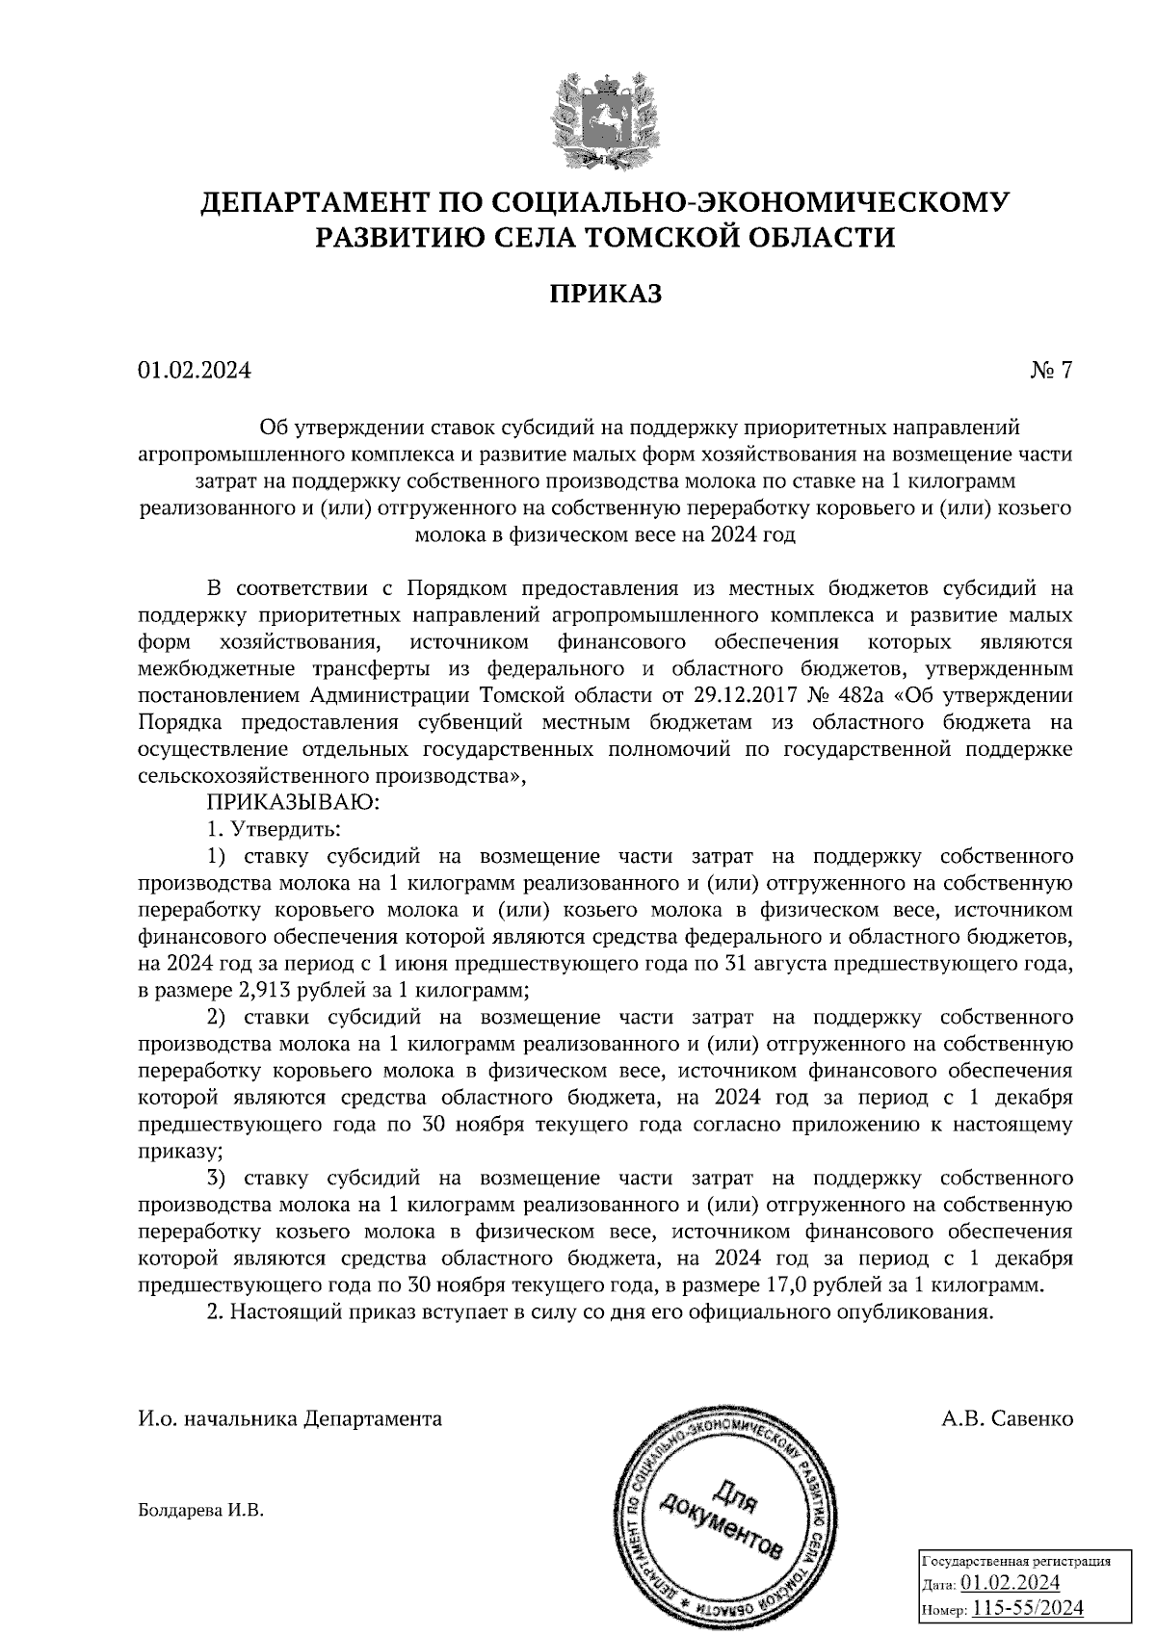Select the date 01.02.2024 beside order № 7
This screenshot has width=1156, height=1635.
(194, 371)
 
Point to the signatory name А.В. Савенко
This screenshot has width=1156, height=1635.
(1008, 1418)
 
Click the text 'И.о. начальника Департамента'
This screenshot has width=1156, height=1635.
(290, 1418)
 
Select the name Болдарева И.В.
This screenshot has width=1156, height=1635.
(200, 1511)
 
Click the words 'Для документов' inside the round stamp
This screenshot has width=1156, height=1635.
(722, 1518)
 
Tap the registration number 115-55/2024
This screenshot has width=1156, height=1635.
(1028, 1608)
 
